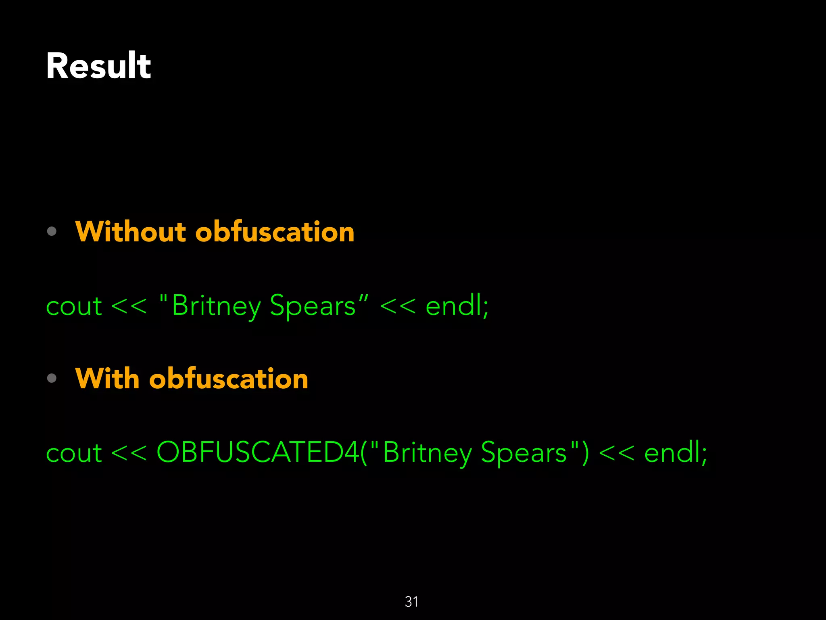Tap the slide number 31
click(411, 602)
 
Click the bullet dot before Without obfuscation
click(52, 231)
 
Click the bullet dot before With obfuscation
click(52, 378)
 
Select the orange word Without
click(130, 232)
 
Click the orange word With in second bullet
click(107, 379)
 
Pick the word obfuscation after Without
click(275, 232)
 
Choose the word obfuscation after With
click(229, 379)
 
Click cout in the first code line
click(74, 306)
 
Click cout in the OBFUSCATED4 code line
click(74, 453)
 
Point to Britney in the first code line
click(216, 306)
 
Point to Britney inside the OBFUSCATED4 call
click(427, 453)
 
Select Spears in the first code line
click(313, 306)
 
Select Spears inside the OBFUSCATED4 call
click(524, 453)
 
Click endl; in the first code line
click(457, 306)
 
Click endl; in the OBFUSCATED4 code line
click(676, 453)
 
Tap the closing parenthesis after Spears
click(585, 452)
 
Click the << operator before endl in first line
click(398, 306)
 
